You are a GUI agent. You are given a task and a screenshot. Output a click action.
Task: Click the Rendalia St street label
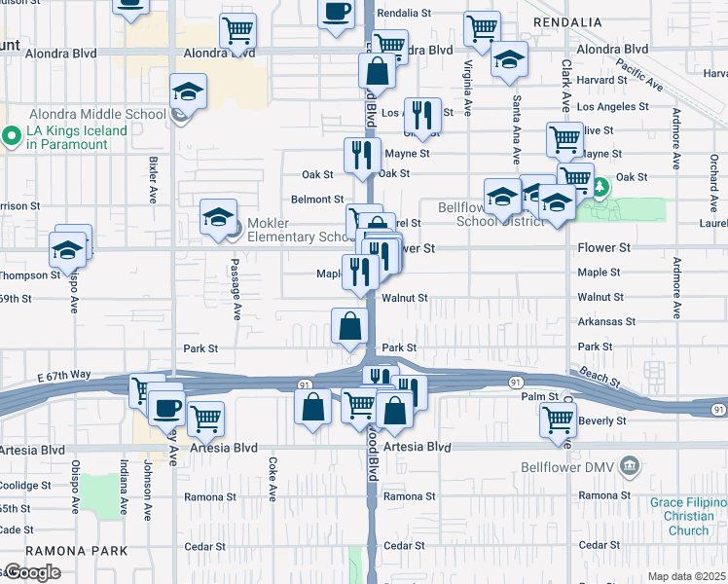(x=404, y=14)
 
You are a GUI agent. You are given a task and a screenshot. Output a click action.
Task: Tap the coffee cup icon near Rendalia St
(x=337, y=13)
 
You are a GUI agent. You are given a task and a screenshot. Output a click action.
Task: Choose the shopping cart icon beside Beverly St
(x=558, y=420)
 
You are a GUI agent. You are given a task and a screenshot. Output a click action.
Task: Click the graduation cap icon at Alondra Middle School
(x=189, y=92)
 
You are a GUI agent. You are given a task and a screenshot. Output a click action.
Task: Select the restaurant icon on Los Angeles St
(x=422, y=115)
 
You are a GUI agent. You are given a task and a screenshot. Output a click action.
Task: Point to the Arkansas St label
(x=605, y=321)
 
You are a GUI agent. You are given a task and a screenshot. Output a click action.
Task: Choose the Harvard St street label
(x=600, y=80)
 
